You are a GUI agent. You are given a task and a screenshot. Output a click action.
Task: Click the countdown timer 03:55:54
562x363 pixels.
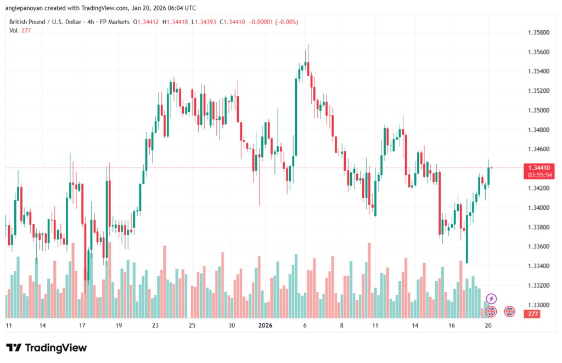[539, 175]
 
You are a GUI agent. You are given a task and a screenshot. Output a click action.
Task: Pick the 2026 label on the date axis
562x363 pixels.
[265, 325]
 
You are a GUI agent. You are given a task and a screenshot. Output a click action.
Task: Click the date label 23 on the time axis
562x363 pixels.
[155, 325]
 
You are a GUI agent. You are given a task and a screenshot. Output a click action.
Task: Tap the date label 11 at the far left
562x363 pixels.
[9, 325]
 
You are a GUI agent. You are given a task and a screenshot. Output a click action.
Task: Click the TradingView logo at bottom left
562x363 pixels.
[46, 348]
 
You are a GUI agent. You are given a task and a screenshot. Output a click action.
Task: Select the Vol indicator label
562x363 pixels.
[13, 30]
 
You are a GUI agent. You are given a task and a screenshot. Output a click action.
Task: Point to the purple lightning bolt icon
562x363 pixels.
[492, 298]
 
